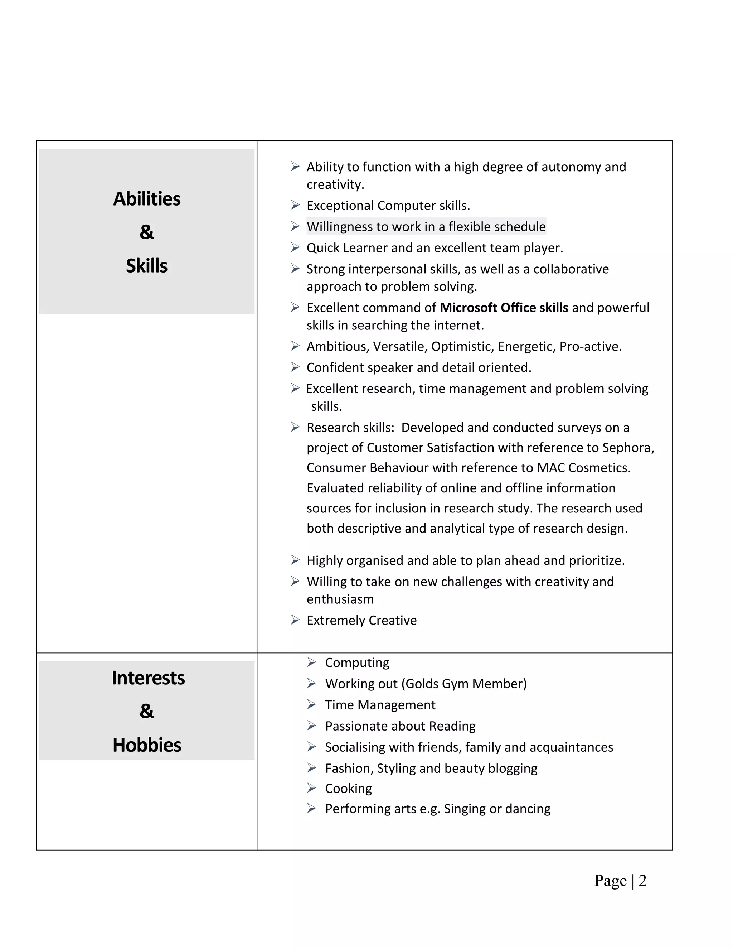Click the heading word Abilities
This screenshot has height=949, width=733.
(x=147, y=199)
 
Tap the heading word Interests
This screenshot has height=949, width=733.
(x=148, y=678)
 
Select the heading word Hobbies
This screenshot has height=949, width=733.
(x=147, y=745)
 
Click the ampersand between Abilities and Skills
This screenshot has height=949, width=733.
(x=147, y=232)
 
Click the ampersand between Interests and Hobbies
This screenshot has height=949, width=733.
(x=147, y=711)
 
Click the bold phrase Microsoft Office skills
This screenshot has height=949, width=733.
(x=504, y=308)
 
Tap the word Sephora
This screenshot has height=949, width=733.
(x=627, y=448)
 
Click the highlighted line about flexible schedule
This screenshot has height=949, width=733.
(x=426, y=226)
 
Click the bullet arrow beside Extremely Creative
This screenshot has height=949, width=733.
(x=295, y=620)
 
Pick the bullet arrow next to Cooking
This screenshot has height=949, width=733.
(x=311, y=788)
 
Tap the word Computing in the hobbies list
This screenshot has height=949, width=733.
(x=357, y=662)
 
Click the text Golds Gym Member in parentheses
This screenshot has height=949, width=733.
(x=464, y=684)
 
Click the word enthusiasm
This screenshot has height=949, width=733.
(x=340, y=599)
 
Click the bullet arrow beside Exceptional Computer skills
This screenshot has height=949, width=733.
(x=295, y=205)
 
